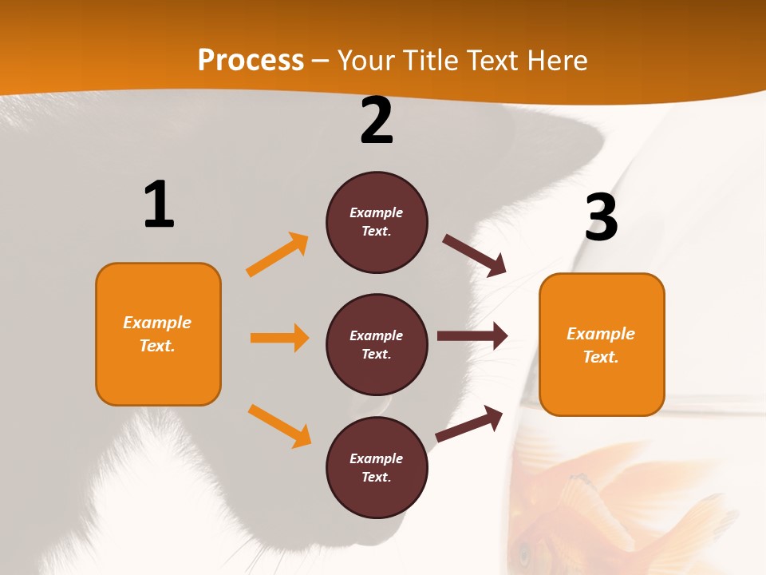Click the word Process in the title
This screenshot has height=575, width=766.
[251, 61]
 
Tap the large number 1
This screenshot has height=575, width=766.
[159, 204]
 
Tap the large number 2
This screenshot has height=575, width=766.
[377, 120]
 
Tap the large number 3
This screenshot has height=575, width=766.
[602, 217]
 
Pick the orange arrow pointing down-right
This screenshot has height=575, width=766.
[279, 426]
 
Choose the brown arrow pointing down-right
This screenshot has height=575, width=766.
[475, 255]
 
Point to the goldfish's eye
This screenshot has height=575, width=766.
[524, 552]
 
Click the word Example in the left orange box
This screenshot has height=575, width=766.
[157, 323]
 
